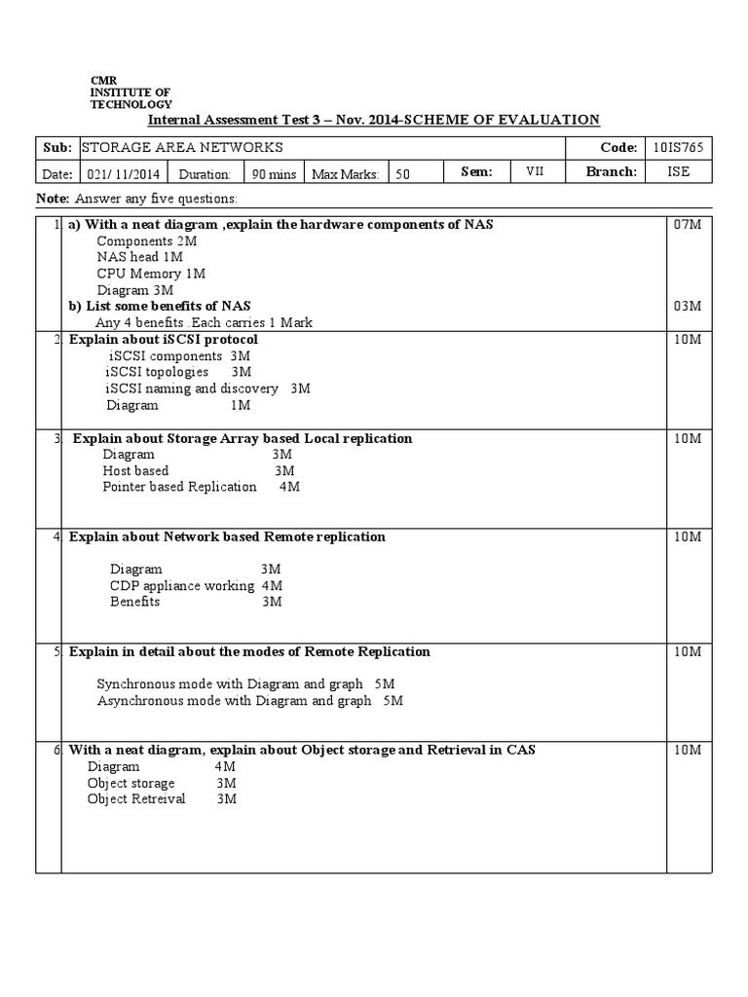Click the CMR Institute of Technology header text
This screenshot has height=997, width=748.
[x=131, y=92]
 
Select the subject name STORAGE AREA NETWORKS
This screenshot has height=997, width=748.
[x=182, y=148]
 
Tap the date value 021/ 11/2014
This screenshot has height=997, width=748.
[x=122, y=174]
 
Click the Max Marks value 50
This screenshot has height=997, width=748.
[x=402, y=174]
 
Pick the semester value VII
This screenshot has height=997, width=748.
[x=535, y=171]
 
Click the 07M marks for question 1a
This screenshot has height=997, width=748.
[x=687, y=225]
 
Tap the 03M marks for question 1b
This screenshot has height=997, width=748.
[x=687, y=307]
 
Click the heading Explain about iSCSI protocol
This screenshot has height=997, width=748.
[x=164, y=340]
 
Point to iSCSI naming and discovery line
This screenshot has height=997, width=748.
[x=207, y=388]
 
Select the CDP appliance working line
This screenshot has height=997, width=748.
[x=196, y=585]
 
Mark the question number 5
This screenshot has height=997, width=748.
[x=56, y=651]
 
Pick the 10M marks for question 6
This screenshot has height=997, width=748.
[x=687, y=750]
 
